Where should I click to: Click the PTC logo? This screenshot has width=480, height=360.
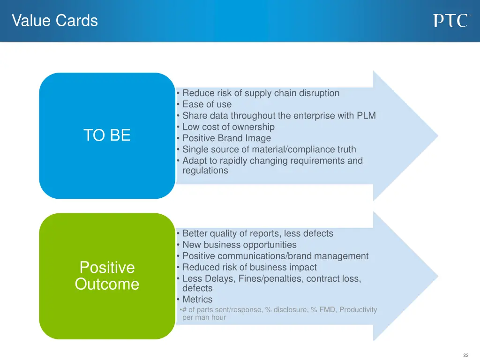tap(450, 21)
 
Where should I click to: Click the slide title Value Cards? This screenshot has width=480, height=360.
tap(55, 21)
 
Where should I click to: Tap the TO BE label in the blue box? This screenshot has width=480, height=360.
tap(107, 135)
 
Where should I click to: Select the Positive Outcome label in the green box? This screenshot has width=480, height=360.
tap(107, 276)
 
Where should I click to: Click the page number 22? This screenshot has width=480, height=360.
tap(465, 355)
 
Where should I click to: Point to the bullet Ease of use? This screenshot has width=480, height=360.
tap(207, 105)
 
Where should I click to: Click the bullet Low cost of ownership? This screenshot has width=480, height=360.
tap(228, 127)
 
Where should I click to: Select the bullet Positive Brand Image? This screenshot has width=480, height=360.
tap(226, 138)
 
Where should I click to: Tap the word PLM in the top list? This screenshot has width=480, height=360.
tap(366, 116)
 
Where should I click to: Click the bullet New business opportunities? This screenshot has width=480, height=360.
tap(239, 245)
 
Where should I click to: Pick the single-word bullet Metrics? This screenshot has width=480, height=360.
tap(197, 300)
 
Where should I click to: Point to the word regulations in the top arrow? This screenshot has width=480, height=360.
tap(205, 171)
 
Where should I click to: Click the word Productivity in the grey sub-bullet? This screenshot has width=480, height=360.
tap(358, 310)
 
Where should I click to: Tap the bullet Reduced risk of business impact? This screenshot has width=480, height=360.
tap(249, 268)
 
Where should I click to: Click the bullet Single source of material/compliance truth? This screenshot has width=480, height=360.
tap(269, 150)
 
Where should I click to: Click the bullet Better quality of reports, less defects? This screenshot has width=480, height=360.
tap(257, 233)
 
